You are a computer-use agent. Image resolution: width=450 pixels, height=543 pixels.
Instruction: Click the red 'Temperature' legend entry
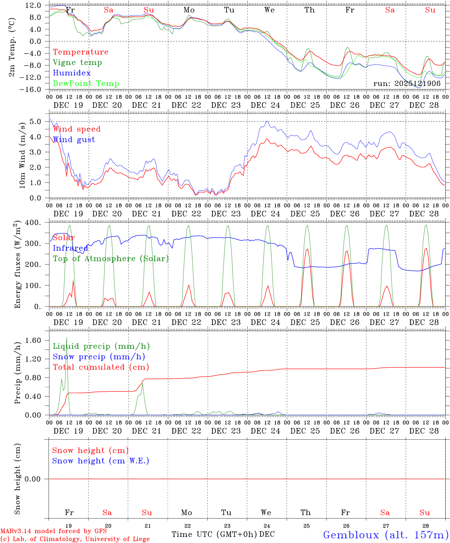[80, 52]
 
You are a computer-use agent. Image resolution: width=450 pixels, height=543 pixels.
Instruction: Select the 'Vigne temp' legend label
[77, 63]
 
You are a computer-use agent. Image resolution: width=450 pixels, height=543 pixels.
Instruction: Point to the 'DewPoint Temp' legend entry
[86, 84]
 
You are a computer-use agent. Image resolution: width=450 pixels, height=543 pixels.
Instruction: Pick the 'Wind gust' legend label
[74, 140]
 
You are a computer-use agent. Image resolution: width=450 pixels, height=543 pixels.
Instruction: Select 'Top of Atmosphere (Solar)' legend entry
[111, 259]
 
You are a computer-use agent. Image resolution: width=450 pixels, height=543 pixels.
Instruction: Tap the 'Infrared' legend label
[70, 248]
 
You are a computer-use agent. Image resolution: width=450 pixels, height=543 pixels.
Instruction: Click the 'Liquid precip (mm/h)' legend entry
[101, 346]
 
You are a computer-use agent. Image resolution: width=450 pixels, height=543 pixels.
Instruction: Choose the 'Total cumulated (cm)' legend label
[101, 367]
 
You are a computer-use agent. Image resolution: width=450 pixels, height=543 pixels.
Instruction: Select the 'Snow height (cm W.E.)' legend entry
[101, 461]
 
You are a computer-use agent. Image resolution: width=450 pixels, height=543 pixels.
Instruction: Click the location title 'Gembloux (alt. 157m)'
[386, 535]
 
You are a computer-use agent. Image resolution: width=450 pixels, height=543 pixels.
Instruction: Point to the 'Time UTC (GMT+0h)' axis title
[214, 534]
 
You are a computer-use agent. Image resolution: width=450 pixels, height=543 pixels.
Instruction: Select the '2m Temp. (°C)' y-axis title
[12, 47]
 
